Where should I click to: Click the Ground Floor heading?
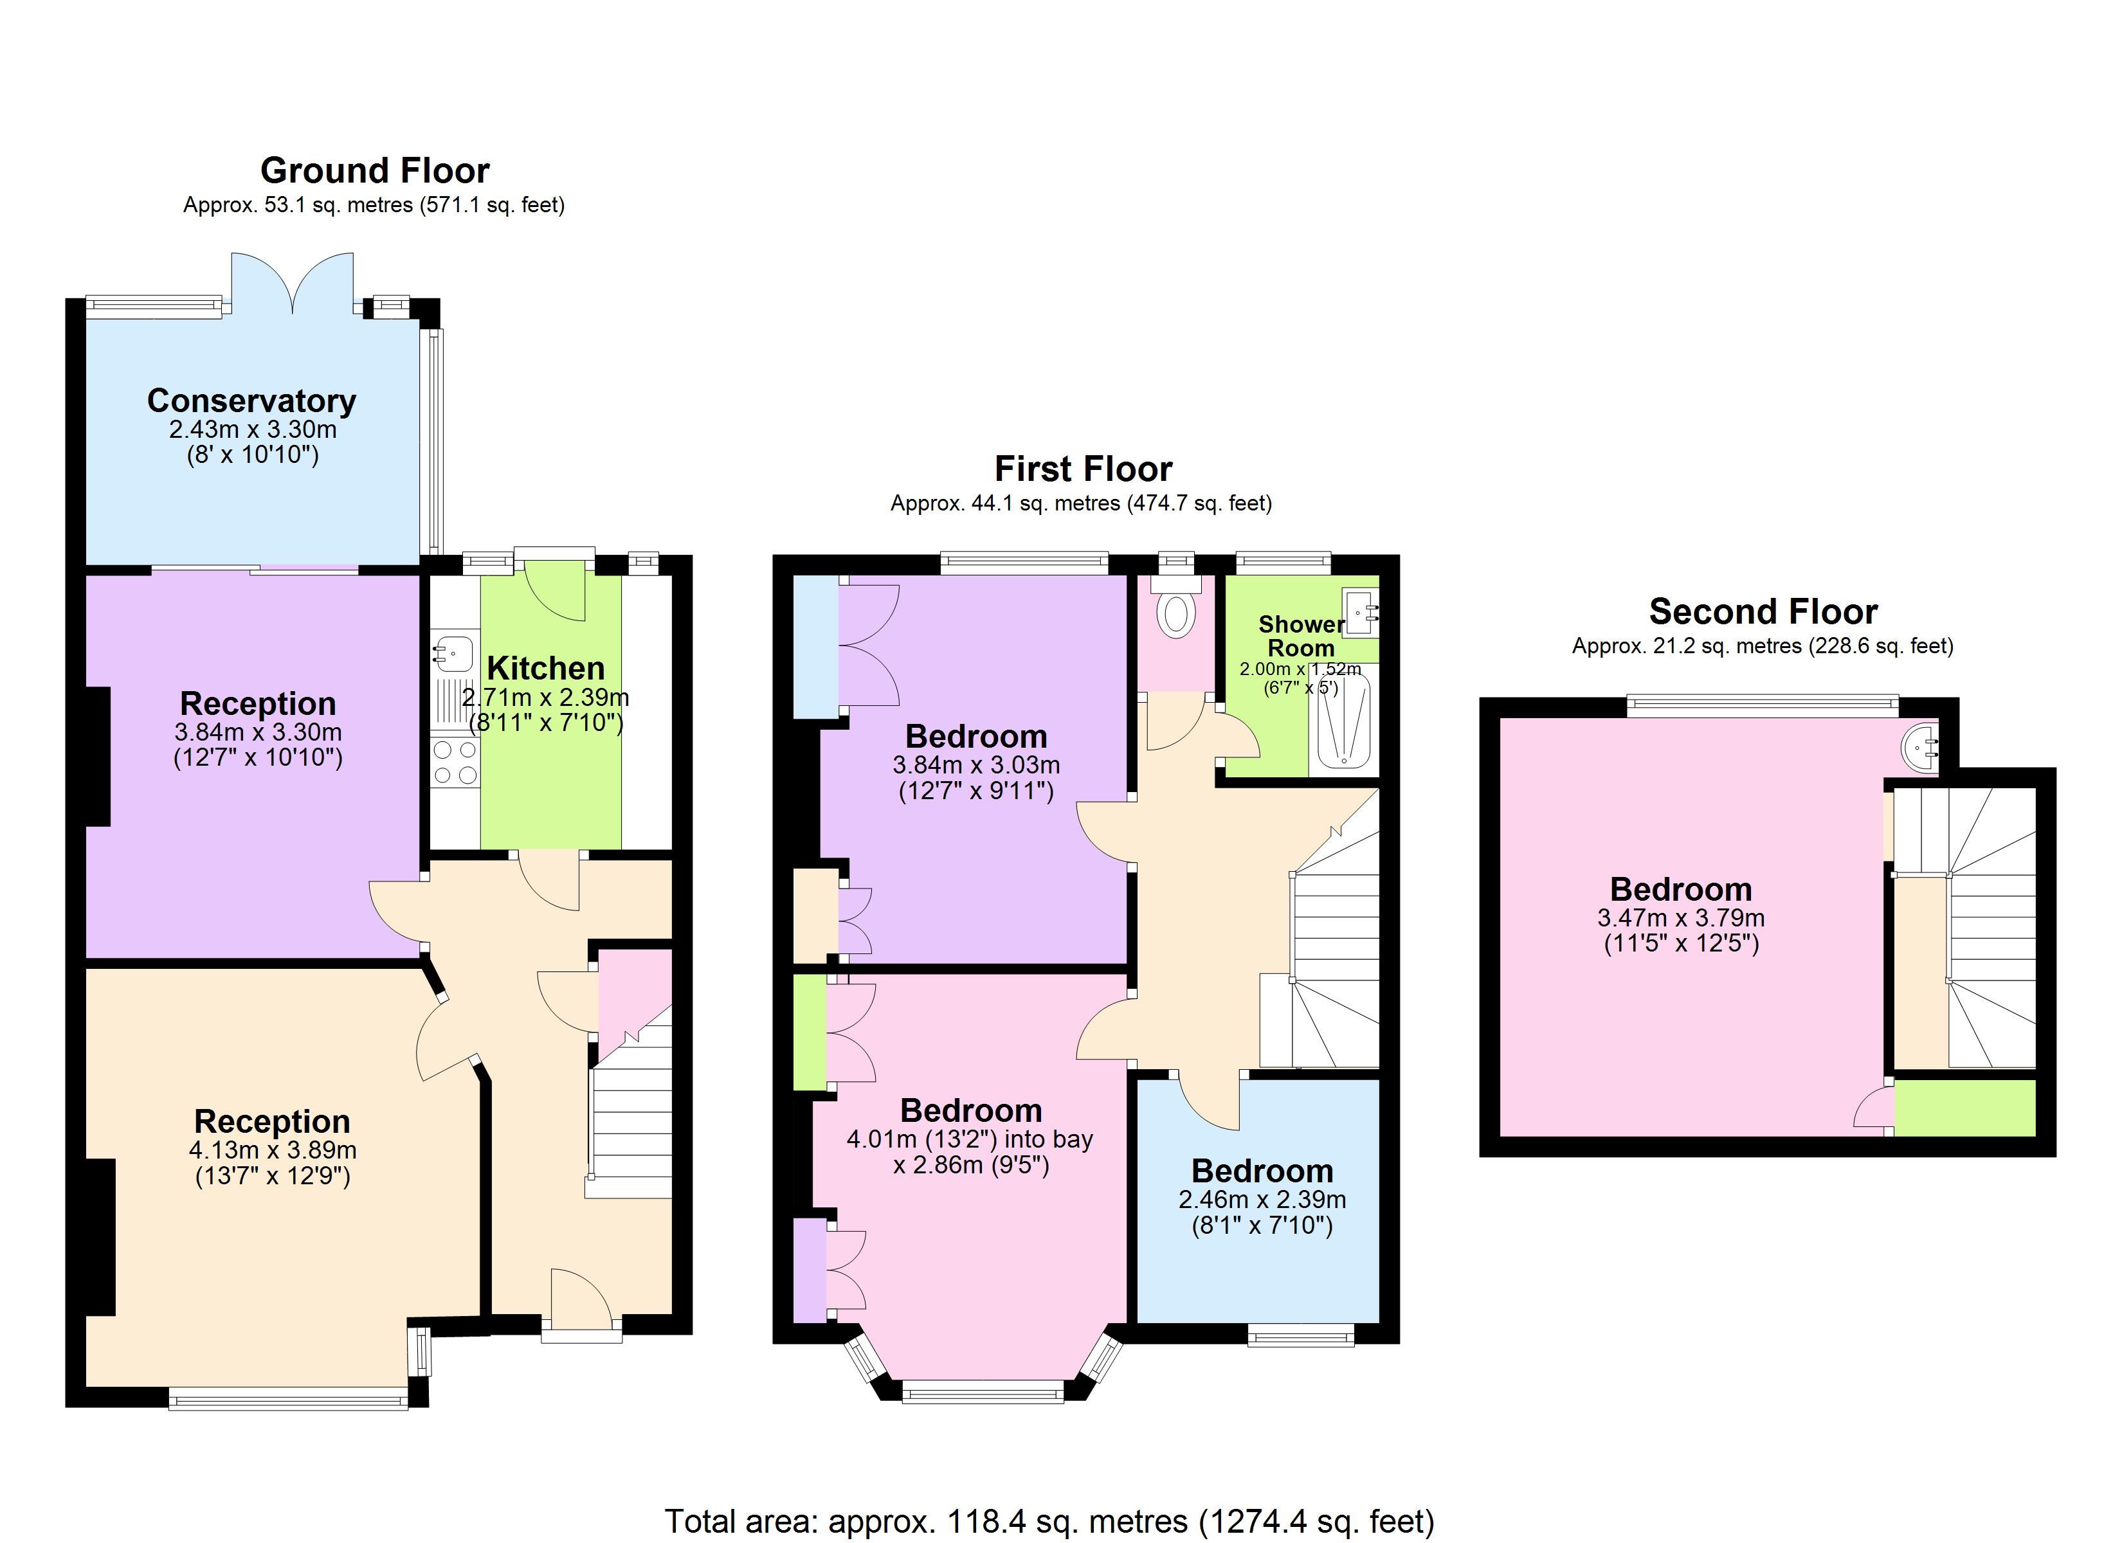tap(374, 171)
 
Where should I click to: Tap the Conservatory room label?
tap(251, 401)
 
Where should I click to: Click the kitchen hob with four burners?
tap(455, 762)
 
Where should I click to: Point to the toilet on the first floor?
tap(1176, 615)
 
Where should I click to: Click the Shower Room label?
tap(1300, 636)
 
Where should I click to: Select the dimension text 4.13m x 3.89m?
tap(272, 1150)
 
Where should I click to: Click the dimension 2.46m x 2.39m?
tap(1262, 1200)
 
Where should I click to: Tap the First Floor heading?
tap(1082, 469)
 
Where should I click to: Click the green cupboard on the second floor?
tap(1965, 1108)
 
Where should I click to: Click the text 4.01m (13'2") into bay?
tap(969, 1140)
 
